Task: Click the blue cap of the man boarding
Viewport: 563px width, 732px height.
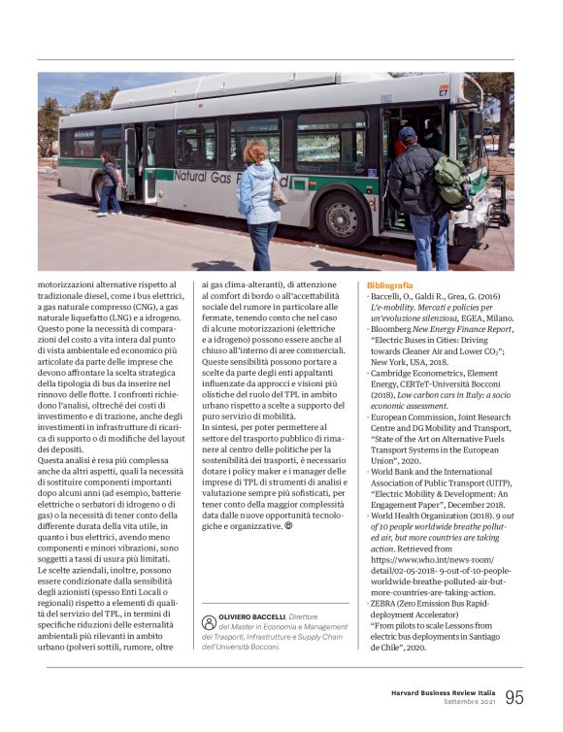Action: click(x=408, y=132)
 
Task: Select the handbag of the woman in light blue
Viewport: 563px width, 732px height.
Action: click(x=279, y=189)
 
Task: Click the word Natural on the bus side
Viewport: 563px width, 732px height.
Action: click(x=201, y=177)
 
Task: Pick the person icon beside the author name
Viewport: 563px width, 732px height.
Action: click(x=209, y=623)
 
